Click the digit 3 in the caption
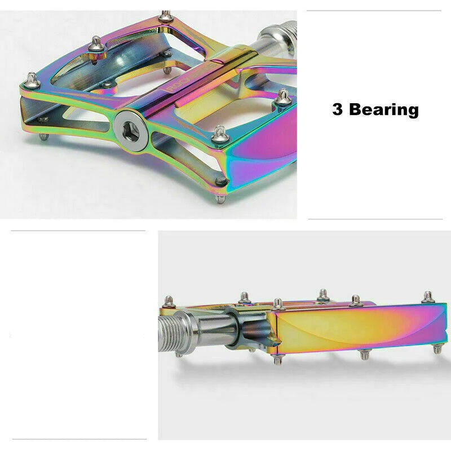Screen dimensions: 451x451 click(338, 109)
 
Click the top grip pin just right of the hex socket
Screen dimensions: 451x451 click(219, 133)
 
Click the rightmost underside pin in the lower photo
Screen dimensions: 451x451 click(437, 349)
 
